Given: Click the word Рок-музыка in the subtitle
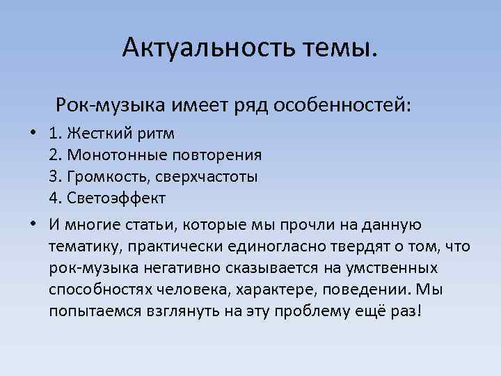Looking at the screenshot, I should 111,106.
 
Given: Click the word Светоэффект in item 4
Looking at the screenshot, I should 117,198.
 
